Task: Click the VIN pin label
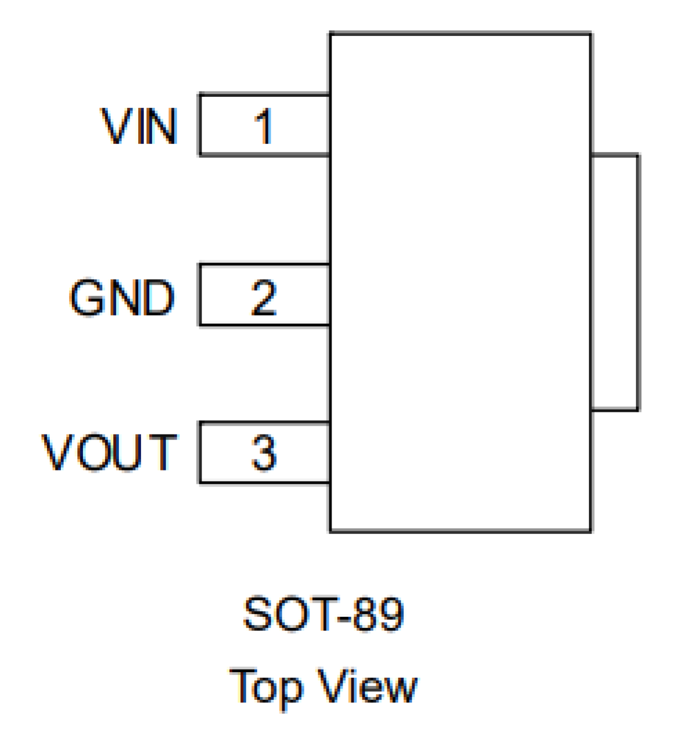point(139,127)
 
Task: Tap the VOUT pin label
point(109,452)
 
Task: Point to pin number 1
point(264,127)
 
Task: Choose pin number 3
point(264,453)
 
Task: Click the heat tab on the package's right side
point(615,282)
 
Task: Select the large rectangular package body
point(460,282)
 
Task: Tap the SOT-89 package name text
point(323,614)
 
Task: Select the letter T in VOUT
point(163,452)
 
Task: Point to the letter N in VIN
point(161,127)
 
